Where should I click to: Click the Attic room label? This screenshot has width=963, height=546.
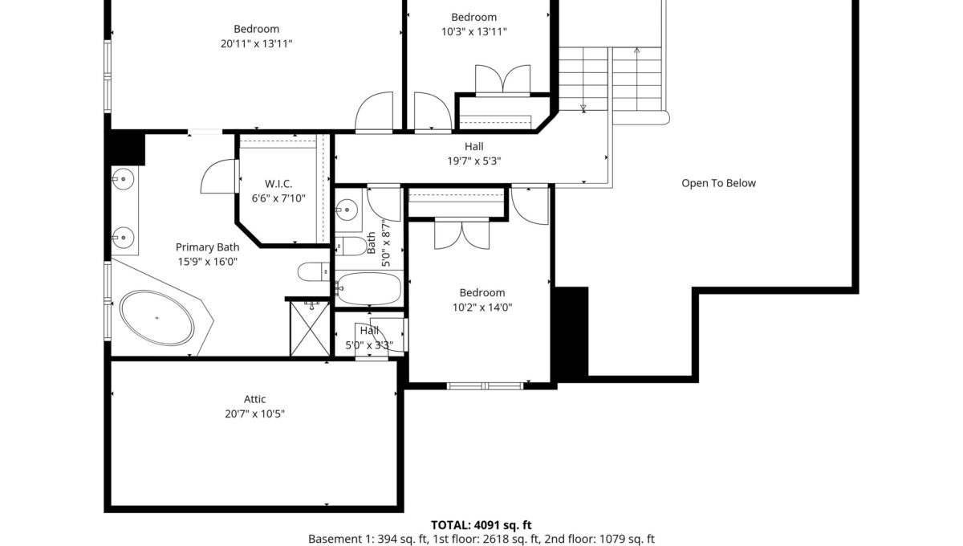pyautogui.click(x=254, y=399)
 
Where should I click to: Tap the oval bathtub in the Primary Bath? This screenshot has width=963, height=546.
pyautogui.click(x=156, y=317)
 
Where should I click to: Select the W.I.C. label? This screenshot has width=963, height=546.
pyautogui.click(x=278, y=184)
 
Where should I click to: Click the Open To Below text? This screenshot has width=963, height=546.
pyautogui.click(x=718, y=183)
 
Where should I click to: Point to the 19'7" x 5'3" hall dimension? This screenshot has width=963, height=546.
pyautogui.click(x=473, y=161)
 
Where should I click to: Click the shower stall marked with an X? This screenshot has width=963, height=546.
pyautogui.click(x=310, y=329)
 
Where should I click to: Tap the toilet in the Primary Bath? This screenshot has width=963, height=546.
pyautogui.click(x=314, y=272)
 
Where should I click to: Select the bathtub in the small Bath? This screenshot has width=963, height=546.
pyautogui.click(x=369, y=288)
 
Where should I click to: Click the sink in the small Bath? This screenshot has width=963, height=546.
pyautogui.click(x=347, y=210)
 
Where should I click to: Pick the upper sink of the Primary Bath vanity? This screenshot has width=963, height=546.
pyautogui.click(x=123, y=178)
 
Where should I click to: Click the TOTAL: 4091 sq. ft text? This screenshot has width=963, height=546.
pyautogui.click(x=481, y=525)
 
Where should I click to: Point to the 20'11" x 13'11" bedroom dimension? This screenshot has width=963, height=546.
pyautogui.click(x=256, y=43)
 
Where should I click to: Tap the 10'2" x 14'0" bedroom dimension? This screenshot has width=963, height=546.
pyautogui.click(x=482, y=308)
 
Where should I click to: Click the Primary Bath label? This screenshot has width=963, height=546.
pyautogui.click(x=207, y=247)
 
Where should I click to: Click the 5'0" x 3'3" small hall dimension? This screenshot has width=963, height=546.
pyautogui.click(x=369, y=345)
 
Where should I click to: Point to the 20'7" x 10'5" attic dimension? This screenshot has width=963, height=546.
pyautogui.click(x=254, y=414)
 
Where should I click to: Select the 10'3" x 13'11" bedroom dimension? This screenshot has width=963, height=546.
pyautogui.click(x=473, y=32)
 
